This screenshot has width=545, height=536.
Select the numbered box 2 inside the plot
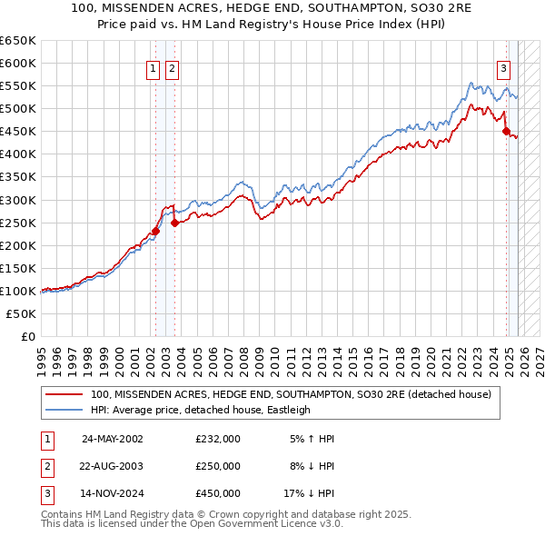172,67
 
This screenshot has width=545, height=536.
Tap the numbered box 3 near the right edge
503,67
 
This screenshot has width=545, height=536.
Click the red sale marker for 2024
506,132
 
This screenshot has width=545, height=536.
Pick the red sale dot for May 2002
155,231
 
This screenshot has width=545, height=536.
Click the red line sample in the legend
64,394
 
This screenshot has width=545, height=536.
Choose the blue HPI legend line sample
64,410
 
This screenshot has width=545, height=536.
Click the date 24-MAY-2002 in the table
113,439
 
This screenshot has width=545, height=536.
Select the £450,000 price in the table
218,493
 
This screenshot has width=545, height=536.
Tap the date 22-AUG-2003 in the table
113,466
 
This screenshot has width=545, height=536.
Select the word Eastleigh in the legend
288,410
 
